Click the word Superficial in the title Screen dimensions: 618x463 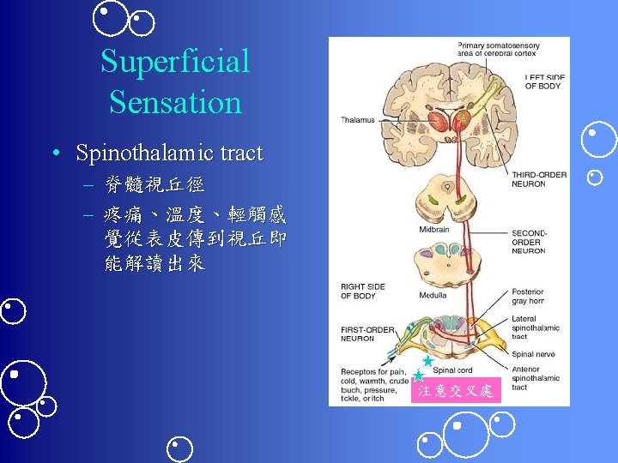click(175, 62)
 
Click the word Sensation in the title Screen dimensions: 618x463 click(175, 102)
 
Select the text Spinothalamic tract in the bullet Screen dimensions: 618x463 click(169, 153)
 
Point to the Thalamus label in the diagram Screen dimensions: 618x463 click(358, 120)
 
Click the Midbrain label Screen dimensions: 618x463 click(433, 230)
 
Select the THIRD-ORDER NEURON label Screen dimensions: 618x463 click(538, 179)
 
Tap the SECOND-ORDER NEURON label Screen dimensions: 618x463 click(529, 242)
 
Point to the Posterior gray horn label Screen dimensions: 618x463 click(528, 297)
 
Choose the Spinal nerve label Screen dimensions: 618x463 click(532, 353)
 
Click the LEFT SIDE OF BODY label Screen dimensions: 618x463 click(544, 81)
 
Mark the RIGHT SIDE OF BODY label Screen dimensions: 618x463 click(363, 292)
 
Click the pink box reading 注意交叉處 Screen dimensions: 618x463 click(455, 391)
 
